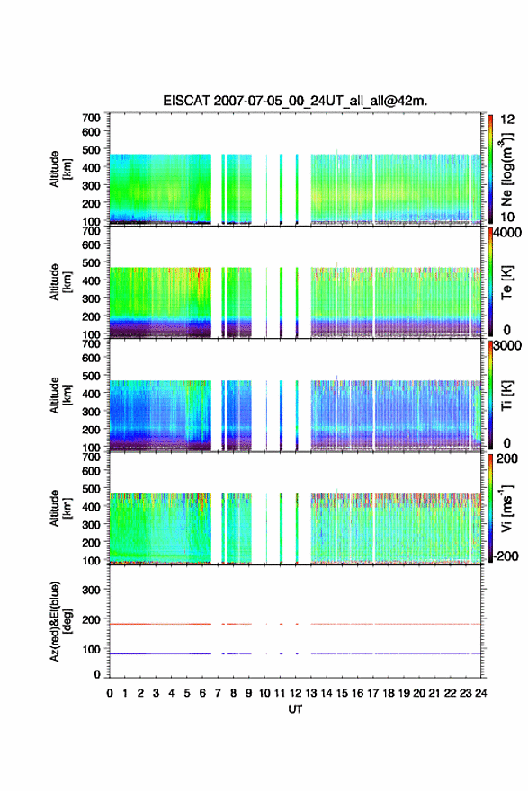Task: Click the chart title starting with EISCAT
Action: point(295,101)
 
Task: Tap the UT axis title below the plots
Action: point(295,709)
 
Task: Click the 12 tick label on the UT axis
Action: point(295,693)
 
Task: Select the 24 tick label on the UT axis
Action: point(480,693)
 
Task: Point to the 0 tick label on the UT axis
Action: point(110,693)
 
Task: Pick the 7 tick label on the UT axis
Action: point(218,693)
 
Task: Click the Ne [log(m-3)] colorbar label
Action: point(507,170)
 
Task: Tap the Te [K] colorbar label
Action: point(506,282)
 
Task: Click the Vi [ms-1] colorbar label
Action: point(506,509)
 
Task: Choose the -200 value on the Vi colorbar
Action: point(506,555)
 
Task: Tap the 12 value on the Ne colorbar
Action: point(507,120)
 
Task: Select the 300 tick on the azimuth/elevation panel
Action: point(92,590)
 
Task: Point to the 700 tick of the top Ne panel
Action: point(92,118)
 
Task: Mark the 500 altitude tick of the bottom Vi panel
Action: point(92,488)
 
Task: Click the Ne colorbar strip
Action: point(490,169)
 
